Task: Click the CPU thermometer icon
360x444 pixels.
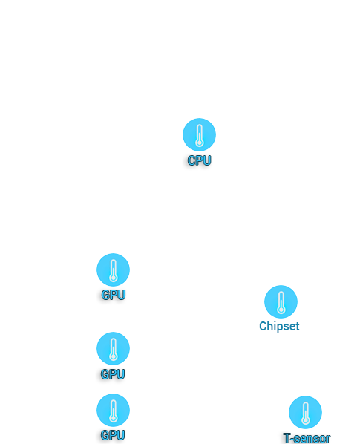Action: (199, 134)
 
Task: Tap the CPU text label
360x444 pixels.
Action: (199, 160)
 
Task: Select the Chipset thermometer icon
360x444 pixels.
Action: (281, 301)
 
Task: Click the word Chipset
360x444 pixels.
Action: (279, 326)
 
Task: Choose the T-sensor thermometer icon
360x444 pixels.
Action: (305, 412)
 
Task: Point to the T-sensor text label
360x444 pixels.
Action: (307, 438)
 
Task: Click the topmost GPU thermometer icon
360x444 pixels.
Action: (114, 270)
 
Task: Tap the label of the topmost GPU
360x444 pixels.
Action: (114, 295)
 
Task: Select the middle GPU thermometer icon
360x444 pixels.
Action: (114, 348)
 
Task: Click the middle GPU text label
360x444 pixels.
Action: (113, 374)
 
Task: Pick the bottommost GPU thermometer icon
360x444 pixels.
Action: (114, 410)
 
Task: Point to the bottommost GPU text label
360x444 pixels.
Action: (113, 435)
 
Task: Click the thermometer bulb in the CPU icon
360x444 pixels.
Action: (199, 142)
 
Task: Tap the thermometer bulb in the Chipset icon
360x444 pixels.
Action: (281, 309)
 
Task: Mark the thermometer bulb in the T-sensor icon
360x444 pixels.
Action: (305, 420)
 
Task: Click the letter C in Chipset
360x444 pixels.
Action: (263, 326)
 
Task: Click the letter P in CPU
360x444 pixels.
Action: (199, 160)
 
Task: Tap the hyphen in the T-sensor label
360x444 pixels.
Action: (292, 440)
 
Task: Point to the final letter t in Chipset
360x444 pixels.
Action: (298, 327)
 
